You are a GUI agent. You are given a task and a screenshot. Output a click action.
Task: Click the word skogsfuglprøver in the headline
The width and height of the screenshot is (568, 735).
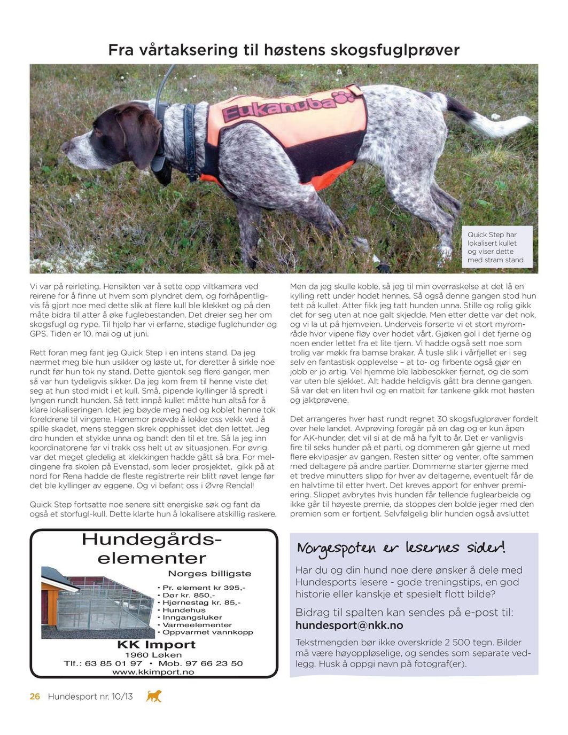point(395,50)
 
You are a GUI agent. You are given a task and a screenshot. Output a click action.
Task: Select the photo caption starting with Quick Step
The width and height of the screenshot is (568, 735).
point(496,247)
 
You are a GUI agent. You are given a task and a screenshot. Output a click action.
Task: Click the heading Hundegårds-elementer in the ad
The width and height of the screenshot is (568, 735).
point(152,549)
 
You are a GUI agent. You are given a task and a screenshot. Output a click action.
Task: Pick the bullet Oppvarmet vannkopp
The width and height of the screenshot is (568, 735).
point(208,632)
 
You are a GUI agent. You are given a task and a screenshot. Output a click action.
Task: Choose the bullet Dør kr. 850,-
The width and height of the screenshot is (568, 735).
point(189,595)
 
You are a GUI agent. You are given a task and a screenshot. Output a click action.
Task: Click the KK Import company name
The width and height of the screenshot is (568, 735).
point(156,645)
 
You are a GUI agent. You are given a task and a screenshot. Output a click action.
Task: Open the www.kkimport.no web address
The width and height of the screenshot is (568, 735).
point(153,672)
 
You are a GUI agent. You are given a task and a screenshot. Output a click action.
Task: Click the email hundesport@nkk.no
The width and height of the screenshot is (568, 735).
point(349,625)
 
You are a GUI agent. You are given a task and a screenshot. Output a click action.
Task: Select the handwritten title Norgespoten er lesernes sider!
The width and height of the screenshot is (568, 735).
point(401,548)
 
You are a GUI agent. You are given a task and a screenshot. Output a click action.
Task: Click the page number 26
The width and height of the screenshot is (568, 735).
point(35,697)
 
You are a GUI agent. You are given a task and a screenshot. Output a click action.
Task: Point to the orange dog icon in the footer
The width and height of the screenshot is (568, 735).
point(154,696)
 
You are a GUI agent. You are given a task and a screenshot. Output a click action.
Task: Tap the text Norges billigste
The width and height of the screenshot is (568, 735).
point(209,574)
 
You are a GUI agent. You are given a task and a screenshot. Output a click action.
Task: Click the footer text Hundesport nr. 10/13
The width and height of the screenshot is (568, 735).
point(90,697)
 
